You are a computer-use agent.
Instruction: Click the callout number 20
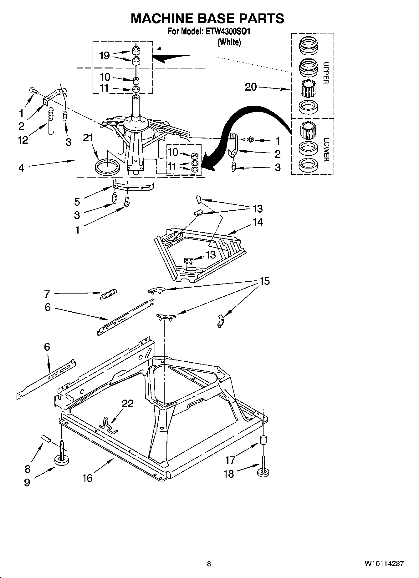tap(251, 87)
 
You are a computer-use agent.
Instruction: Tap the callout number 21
tap(88, 138)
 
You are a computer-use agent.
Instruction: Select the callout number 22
tap(128, 404)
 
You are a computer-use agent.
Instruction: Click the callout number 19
tap(105, 56)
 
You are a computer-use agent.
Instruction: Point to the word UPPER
tap(326, 73)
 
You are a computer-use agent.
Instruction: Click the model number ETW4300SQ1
tap(227, 32)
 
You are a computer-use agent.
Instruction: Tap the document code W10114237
tap(384, 564)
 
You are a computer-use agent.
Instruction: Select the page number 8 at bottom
tap(209, 564)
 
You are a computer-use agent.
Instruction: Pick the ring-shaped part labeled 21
tap(107, 167)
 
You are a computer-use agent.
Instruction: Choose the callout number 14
tap(258, 222)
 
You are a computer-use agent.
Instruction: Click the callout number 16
tap(88, 478)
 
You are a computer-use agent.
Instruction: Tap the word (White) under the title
tap(229, 42)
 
